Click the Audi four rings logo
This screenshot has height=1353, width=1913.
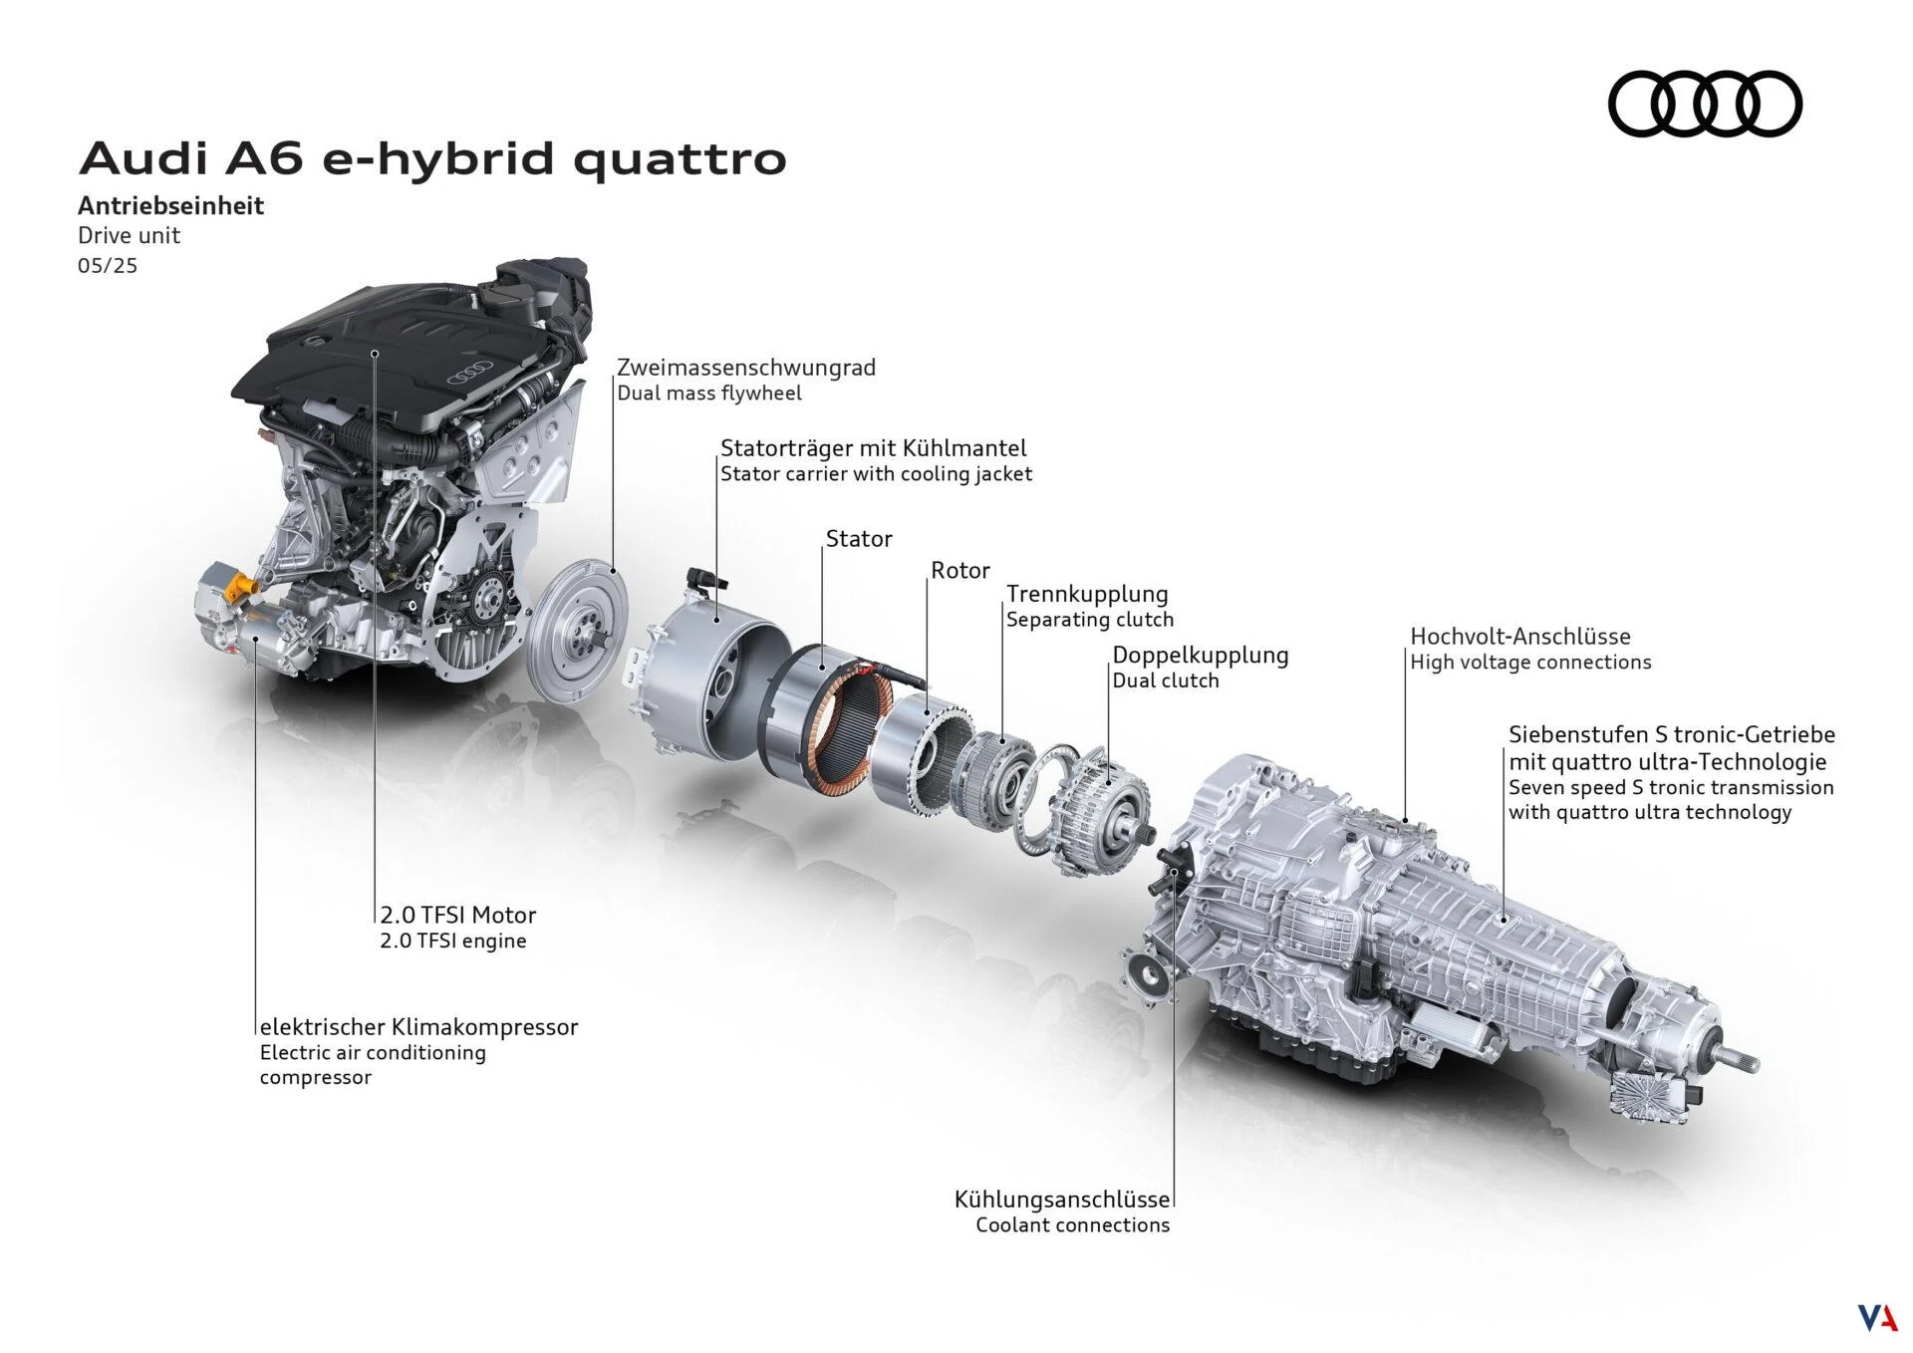(1705, 104)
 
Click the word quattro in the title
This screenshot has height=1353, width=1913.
(680, 159)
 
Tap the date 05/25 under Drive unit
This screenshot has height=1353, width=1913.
(108, 267)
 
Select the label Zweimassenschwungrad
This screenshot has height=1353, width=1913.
(745, 368)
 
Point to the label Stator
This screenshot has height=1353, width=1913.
(858, 539)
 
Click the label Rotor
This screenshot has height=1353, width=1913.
(959, 571)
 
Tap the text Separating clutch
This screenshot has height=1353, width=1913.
(1089, 620)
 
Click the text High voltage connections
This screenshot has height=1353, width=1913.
(1530, 663)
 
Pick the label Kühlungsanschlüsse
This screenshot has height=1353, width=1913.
(1061, 1200)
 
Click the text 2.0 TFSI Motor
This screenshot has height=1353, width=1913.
(457, 915)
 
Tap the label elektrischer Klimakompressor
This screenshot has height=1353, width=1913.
(418, 1027)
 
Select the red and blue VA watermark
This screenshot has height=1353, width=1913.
(1876, 1317)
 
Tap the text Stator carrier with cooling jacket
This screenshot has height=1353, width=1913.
(876, 474)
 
